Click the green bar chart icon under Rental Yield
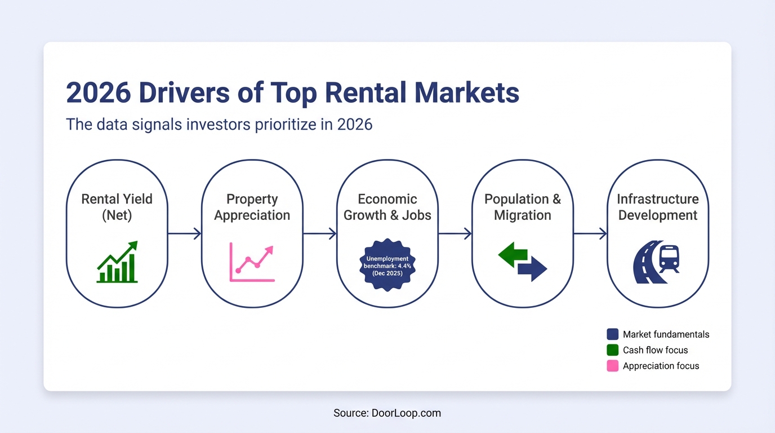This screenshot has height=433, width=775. point(117,263)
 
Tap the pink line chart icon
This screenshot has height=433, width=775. point(252,262)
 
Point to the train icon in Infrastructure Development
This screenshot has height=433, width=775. point(669,258)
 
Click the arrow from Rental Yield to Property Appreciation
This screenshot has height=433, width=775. point(185,233)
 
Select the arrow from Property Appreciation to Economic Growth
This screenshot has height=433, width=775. point(320,233)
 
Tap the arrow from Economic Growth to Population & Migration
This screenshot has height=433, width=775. point(455,233)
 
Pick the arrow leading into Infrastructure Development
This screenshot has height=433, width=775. point(590,233)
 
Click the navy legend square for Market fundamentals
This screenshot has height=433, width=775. point(613,334)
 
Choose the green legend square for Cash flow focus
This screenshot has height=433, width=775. point(613,350)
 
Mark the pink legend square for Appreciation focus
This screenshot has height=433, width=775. point(613,366)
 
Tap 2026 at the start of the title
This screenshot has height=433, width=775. point(98,93)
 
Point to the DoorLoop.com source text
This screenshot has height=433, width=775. point(406,413)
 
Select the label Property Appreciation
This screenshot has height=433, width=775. point(252,207)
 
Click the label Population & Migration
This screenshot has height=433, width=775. point(523,207)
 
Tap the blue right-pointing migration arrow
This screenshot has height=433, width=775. point(533,268)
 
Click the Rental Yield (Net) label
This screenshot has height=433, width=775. point(117,207)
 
